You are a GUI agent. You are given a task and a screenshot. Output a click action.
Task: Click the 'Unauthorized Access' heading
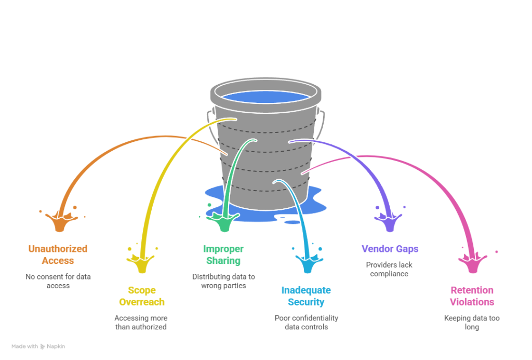tap(58, 255)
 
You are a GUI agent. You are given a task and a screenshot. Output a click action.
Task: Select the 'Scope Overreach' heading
tap(142, 296)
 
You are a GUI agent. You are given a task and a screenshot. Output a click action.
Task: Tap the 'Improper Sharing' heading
tap(223, 255)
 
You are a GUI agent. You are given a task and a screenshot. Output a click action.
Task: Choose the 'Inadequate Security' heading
tap(306, 296)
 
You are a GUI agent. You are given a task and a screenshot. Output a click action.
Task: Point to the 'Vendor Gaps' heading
tap(390, 249)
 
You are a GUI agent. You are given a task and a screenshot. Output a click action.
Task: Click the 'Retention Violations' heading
tap(472, 296)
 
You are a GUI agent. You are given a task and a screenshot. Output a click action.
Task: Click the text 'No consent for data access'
tap(58, 281)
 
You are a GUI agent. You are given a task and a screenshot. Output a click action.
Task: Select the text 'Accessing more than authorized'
tap(141, 322)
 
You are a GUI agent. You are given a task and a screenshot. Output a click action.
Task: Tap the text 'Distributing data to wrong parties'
tap(223, 281)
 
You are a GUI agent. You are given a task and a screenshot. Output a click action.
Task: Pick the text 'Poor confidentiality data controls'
tap(307, 322)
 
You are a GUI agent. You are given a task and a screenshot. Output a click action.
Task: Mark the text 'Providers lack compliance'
tap(389, 269)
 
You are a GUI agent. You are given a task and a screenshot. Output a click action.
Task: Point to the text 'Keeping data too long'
tap(472, 322)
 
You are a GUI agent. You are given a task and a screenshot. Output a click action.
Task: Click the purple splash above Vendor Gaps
tap(389, 221)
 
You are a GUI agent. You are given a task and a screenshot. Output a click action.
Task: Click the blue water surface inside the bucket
tap(265, 97)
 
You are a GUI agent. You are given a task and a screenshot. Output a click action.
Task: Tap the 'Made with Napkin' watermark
tap(38, 346)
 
